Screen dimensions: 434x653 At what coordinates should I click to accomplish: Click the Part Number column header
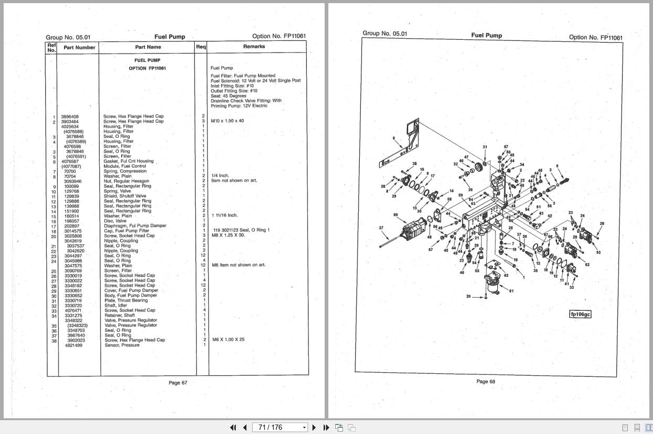coord(79,47)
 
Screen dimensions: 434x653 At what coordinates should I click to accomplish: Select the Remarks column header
coord(254,47)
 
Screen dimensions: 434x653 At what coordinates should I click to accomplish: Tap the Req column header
coord(201,47)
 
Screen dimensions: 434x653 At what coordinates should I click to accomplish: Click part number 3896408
coord(70,116)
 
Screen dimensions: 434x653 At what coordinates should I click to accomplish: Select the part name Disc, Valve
coord(115,221)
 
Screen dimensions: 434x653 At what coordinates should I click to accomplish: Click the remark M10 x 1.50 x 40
coord(227,121)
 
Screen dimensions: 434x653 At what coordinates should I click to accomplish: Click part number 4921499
coord(73,345)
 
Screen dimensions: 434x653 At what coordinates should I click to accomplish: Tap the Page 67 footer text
coord(178,383)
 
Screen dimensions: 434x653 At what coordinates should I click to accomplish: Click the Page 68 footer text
coord(485,382)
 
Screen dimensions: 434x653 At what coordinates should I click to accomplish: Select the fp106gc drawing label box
coord(580,314)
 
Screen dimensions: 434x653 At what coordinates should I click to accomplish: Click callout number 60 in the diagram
coord(396,214)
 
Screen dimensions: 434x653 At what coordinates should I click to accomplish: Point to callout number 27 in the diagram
coord(381,228)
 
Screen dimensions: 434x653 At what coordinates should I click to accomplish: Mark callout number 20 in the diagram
coord(468,297)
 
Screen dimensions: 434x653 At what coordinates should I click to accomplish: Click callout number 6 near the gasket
coord(393,138)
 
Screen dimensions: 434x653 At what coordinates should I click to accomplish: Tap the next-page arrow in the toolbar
coord(314,427)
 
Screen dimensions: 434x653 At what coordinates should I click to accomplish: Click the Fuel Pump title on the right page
coord(486,35)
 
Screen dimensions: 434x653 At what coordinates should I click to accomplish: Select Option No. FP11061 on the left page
coord(279,36)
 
